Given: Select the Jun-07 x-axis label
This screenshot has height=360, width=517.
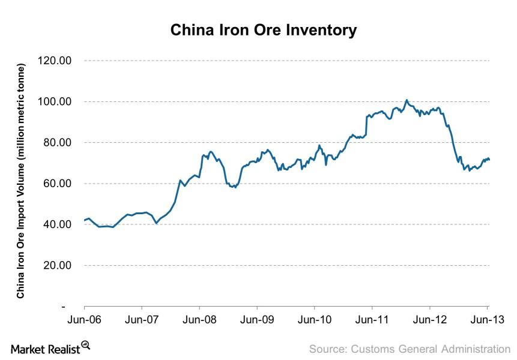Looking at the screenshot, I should tap(141, 320).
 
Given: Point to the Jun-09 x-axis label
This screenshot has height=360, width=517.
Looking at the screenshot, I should tap(257, 320).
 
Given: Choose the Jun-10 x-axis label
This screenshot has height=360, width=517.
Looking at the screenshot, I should tap(315, 320).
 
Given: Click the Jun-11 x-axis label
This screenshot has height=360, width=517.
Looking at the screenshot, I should tap(372, 320).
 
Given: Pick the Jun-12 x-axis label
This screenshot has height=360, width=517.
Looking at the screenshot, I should tap(431, 320).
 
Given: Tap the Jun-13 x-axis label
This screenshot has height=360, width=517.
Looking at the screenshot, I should tap(487, 320).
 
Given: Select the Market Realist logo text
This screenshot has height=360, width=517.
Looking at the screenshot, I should tap(44, 348).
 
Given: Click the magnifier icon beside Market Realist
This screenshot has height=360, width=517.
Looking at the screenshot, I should tap(85, 346).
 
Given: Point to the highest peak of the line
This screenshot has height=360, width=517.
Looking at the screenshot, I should tap(407, 100).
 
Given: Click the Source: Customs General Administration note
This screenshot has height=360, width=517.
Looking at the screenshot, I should tap(410, 349).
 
